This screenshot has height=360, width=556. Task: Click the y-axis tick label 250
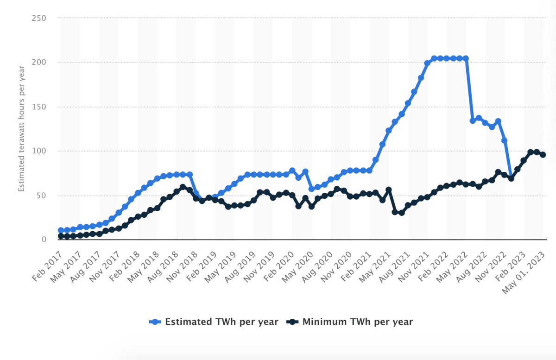(x=39, y=18)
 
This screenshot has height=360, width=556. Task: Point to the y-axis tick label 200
(x=39, y=63)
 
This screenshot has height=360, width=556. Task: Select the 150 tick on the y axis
(x=39, y=107)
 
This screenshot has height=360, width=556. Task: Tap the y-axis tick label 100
(x=39, y=151)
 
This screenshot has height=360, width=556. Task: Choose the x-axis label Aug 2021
(x=395, y=261)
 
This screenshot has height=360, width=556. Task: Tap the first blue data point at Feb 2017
(x=61, y=230)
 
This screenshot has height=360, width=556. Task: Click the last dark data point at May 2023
(x=543, y=155)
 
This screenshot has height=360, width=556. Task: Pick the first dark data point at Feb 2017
(x=61, y=236)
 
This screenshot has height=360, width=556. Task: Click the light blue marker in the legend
(x=155, y=322)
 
